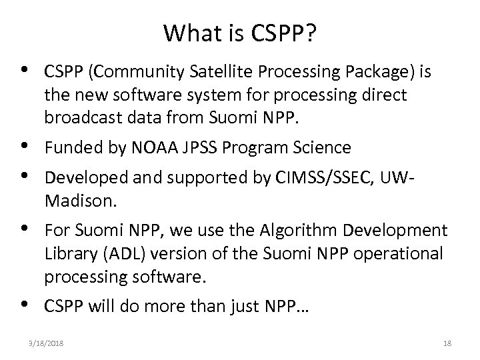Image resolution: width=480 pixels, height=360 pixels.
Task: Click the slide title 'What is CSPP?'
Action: click(x=239, y=32)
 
